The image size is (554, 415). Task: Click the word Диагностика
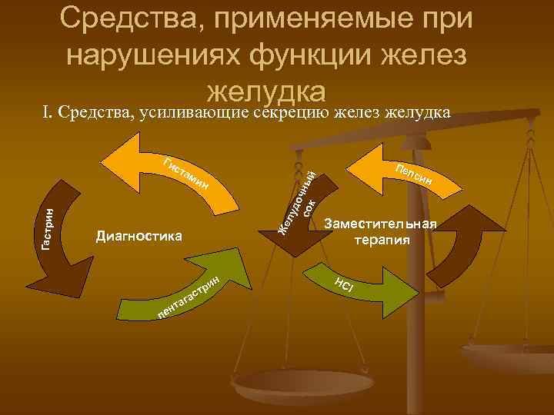pyautogui.click(x=138, y=235)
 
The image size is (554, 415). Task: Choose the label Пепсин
pyautogui.click(x=415, y=176)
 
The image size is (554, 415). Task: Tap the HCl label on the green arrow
pyautogui.click(x=344, y=284)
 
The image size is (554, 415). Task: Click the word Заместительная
pyautogui.click(x=381, y=224)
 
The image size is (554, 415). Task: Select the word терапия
pyautogui.click(x=381, y=239)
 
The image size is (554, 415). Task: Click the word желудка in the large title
pyautogui.click(x=268, y=90)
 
